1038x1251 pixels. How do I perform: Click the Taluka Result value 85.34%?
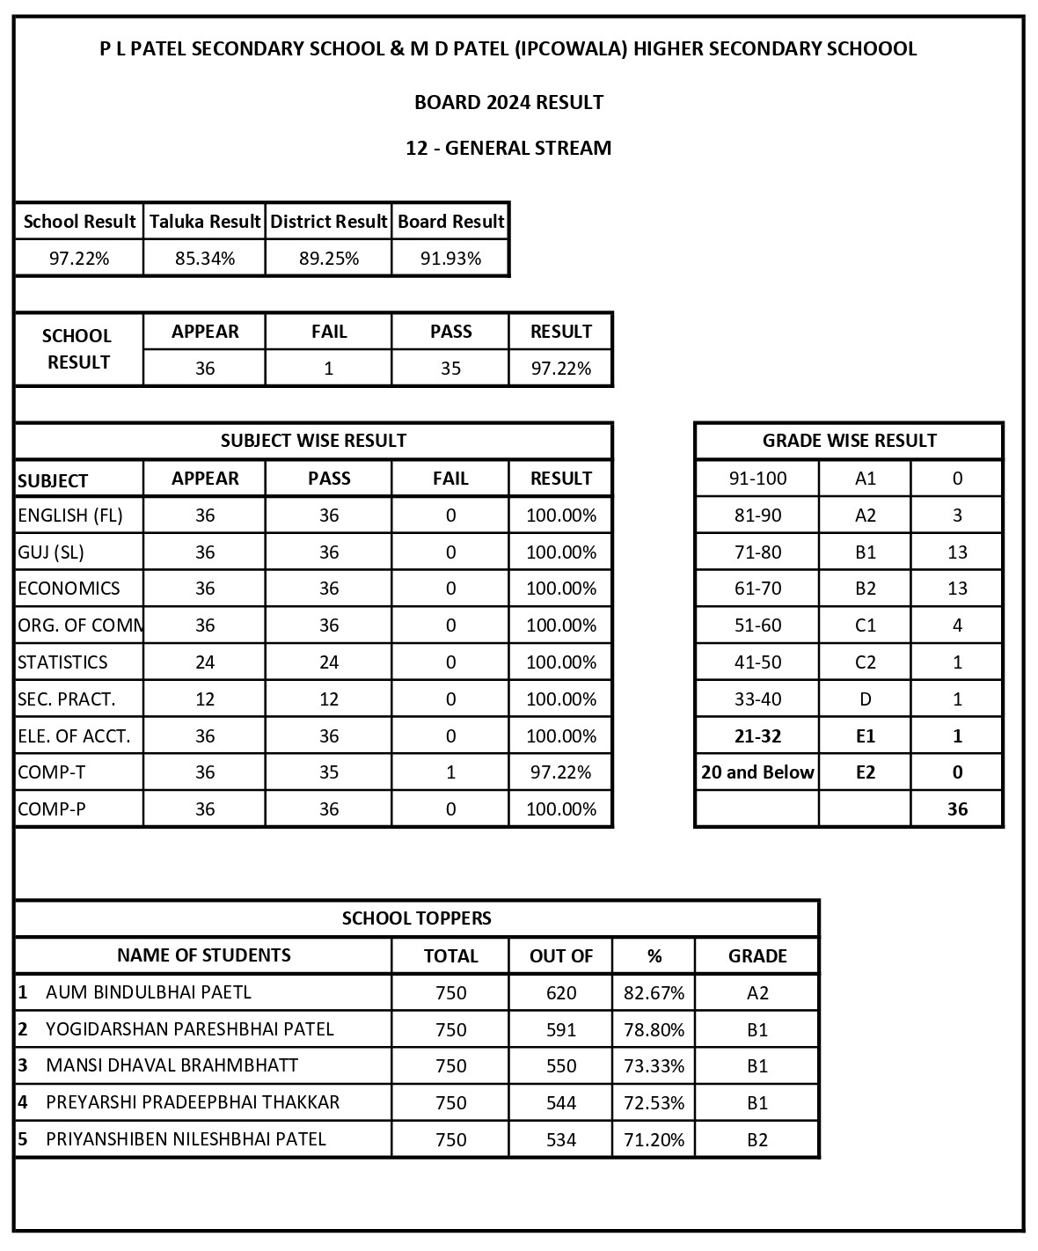pyautogui.click(x=205, y=259)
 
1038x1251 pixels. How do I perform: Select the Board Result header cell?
pyautogui.click(x=450, y=222)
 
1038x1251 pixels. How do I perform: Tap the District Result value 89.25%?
pyautogui.click(x=329, y=259)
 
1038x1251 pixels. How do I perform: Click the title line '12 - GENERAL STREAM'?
pyautogui.click(x=508, y=148)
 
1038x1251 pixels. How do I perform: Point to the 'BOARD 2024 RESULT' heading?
pyautogui.click(x=508, y=102)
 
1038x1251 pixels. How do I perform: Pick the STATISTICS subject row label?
pyautogui.click(x=63, y=662)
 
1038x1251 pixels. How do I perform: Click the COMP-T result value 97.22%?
pyautogui.click(x=560, y=772)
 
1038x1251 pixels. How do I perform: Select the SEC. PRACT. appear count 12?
pyautogui.click(x=205, y=699)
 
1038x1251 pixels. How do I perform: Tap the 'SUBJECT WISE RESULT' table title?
pyautogui.click(x=313, y=441)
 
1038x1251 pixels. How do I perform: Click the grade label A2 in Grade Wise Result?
pyautogui.click(x=866, y=516)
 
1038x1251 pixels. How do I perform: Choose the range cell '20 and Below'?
pyautogui.click(x=757, y=772)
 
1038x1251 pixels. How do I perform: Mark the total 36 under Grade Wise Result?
pyautogui.click(x=957, y=809)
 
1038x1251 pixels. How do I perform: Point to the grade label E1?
pyautogui.click(x=866, y=736)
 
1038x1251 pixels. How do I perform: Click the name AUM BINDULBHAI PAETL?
pyautogui.click(x=149, y=992)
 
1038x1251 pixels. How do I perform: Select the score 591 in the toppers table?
pyautogui.click(x=561, y=1029)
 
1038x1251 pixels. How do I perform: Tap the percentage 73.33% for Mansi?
pyautogui.click(x=654, y=1066)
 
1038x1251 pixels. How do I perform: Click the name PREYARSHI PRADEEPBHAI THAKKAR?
pyautogui.click(x=193, y=1102)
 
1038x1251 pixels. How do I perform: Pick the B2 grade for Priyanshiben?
pyautogui.click(x=757, y=1140)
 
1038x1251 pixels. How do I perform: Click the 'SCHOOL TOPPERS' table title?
pyautogui.click(x=417, y=918)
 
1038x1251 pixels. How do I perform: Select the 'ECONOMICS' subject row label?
pyautogui.click(x=69, y=589)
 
